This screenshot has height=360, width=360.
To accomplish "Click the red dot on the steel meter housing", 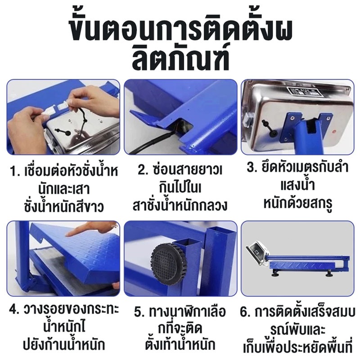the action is pos(334,132).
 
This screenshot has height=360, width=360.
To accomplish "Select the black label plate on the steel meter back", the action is pos(302,91).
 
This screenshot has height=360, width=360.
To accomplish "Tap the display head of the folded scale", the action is pos(256,254).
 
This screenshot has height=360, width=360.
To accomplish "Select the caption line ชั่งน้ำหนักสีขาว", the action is pos(64,207).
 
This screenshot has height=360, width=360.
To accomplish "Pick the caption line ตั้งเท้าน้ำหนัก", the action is pos(180,344).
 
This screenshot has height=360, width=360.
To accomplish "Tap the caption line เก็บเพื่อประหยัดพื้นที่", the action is pos(298,347).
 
